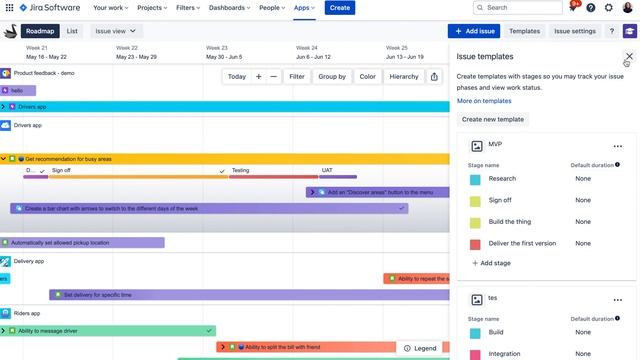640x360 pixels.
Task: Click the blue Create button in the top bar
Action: (340, 8)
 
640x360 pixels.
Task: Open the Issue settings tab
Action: (575, 31)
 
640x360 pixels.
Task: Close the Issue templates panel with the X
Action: (629, 57)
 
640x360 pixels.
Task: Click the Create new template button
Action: (493, 119)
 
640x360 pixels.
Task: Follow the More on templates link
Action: (484, 101)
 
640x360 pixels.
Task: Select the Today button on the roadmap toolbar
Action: (237, 76)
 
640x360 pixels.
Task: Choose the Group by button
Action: (332, 76)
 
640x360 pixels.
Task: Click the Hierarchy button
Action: (404, 76)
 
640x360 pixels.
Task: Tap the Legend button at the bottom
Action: (419, 348)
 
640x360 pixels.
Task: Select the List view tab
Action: (73, 31)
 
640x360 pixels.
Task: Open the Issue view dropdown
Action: (116, 31)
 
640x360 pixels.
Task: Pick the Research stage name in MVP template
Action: (502, 178)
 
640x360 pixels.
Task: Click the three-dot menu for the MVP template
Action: (618, 146)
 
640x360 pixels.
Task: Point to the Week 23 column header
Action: (217, 47)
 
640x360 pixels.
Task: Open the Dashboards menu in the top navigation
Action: (229, 8)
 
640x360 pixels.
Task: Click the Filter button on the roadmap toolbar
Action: (297, 76)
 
